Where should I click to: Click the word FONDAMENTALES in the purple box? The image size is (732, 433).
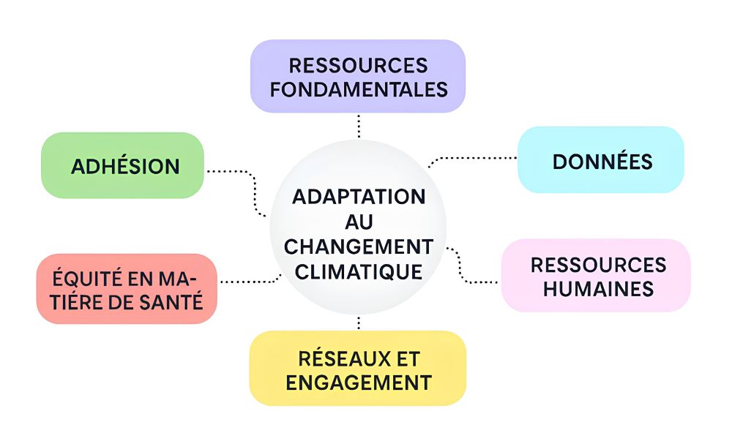[x=359, y=89]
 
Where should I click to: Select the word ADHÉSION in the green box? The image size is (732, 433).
[x=125, y=166]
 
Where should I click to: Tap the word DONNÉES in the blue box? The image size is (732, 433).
[x=602, y=162]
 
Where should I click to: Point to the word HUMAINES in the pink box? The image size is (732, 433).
[x=599, y=288]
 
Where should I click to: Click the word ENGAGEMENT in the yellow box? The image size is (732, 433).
[x=358, y=382]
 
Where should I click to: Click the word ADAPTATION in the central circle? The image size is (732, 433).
[x=359, y=197]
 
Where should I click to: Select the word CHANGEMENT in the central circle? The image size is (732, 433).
[x=359, y=246]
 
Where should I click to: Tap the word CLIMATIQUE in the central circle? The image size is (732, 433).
[x=359, y=271]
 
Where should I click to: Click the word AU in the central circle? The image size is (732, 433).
[x=358, y=222]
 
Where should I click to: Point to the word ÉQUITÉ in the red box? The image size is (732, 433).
[x=78, y=279]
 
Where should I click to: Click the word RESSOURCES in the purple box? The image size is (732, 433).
[x=358, y=65]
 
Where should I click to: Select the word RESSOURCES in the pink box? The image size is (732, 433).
[x=598, y=264]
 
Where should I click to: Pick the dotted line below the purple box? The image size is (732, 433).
[x=359, y=126]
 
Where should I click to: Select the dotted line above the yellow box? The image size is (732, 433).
[x=359, y=323]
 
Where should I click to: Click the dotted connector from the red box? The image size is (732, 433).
[x=249, y=281]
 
